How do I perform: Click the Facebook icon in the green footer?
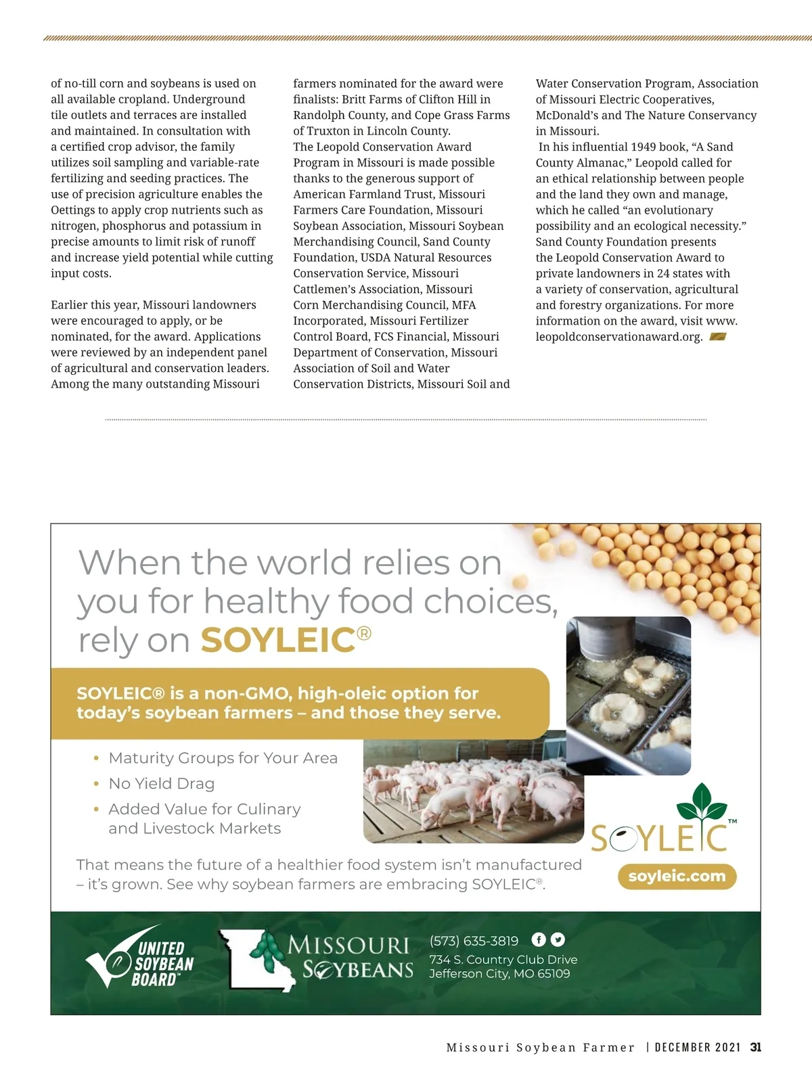(539, 939)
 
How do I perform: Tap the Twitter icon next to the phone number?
(558, 939)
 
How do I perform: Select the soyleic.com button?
(677, 877)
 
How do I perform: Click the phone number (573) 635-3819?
(474, 941)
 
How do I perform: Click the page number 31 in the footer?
(756, 1047)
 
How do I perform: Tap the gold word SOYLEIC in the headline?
(278, 640)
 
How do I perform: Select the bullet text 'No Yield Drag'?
(162, 783)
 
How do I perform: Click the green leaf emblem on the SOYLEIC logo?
(702, 803)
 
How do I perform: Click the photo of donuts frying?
(628, 695)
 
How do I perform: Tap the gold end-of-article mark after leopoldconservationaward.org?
(717, 337)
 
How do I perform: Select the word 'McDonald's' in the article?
(566, 115)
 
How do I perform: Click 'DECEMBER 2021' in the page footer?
(698, 1047)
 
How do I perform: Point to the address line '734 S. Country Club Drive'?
(503, 959)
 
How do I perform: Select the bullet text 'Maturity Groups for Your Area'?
(223, 758)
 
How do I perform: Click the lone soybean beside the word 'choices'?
(520, 581)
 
